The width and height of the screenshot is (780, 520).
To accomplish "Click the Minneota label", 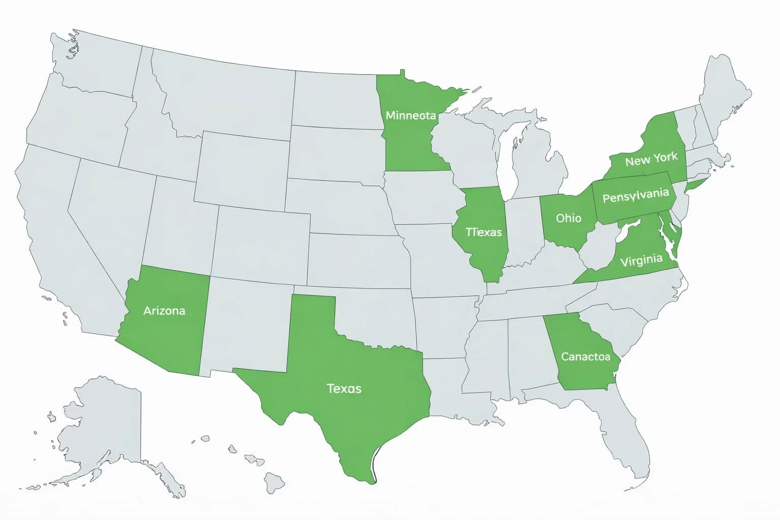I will coord(410,115).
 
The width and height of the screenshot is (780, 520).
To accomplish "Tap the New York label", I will coord(651,159).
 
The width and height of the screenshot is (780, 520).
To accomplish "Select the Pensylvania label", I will coord(635,195).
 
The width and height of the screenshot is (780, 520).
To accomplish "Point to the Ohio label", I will coord(568,218).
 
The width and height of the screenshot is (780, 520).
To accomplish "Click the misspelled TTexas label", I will coord(483,232).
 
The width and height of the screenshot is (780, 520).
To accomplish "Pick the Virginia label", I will coord(641,261).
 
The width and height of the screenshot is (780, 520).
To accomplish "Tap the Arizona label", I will coord(164,310).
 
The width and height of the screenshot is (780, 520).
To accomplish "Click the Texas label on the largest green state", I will coord(344,388).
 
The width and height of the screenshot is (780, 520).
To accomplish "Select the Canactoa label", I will coord(585,356).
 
